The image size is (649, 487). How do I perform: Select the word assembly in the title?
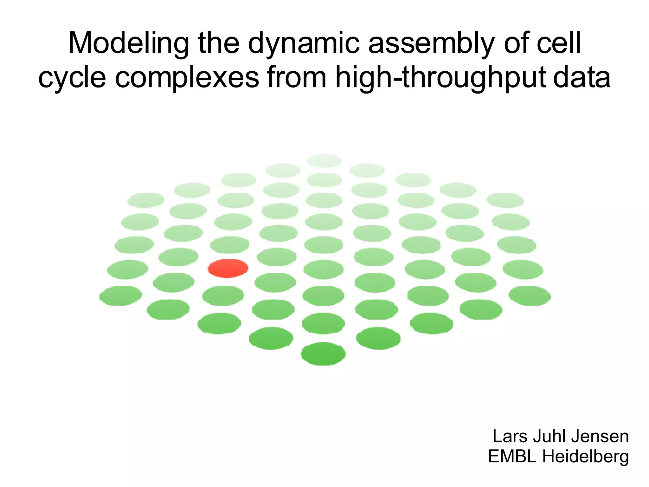point(432,43)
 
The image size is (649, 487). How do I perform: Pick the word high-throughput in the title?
point(440,78)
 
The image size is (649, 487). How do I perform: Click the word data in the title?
point(582,78)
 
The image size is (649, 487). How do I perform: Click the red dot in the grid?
point(228,268)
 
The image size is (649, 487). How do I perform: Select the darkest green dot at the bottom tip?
point(323,354)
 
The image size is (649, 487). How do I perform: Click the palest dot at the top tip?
point(324,160)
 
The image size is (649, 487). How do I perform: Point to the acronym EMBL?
point(512,457)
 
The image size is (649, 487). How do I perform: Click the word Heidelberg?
point(586,457)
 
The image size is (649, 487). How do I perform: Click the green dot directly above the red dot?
point(230,245)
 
